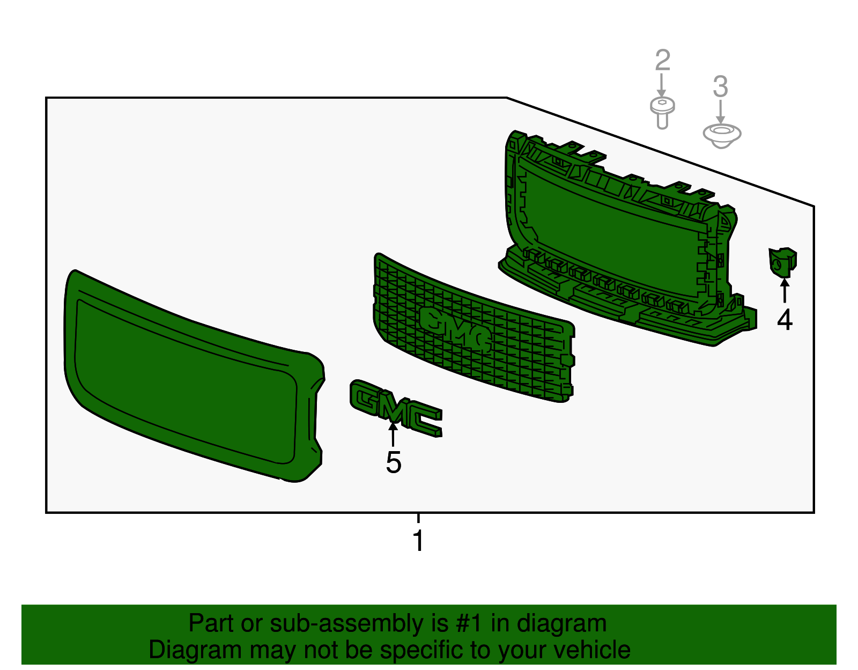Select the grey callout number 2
pos(663,60)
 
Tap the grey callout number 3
pos(720,86)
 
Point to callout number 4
pos(785,319)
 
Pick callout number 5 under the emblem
pos(393,462)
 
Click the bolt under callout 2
pos(662,113)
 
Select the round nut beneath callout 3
pos(722,136)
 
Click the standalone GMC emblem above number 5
pos(396,408)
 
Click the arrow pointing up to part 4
pos(785,291)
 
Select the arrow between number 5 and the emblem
pos(393,435)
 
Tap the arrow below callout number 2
pos(661,85)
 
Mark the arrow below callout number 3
pos(720,112)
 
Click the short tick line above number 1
pos(418,518)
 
